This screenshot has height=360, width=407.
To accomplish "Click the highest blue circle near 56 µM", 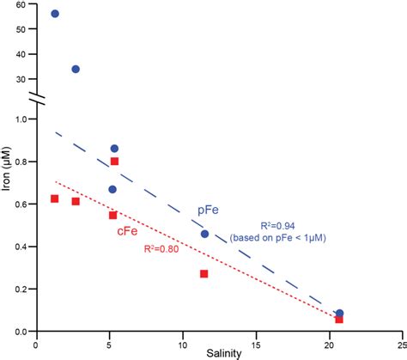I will tap(55, 14).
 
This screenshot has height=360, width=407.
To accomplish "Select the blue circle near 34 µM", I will tap(76, 69).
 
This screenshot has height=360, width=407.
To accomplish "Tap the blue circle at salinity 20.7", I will tap(340, 314).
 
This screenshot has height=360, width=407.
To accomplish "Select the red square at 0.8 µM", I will tap(114, 161).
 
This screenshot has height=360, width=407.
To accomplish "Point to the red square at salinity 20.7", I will tap(339, 320).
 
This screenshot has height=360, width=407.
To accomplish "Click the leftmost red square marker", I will tap(55, 198).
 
